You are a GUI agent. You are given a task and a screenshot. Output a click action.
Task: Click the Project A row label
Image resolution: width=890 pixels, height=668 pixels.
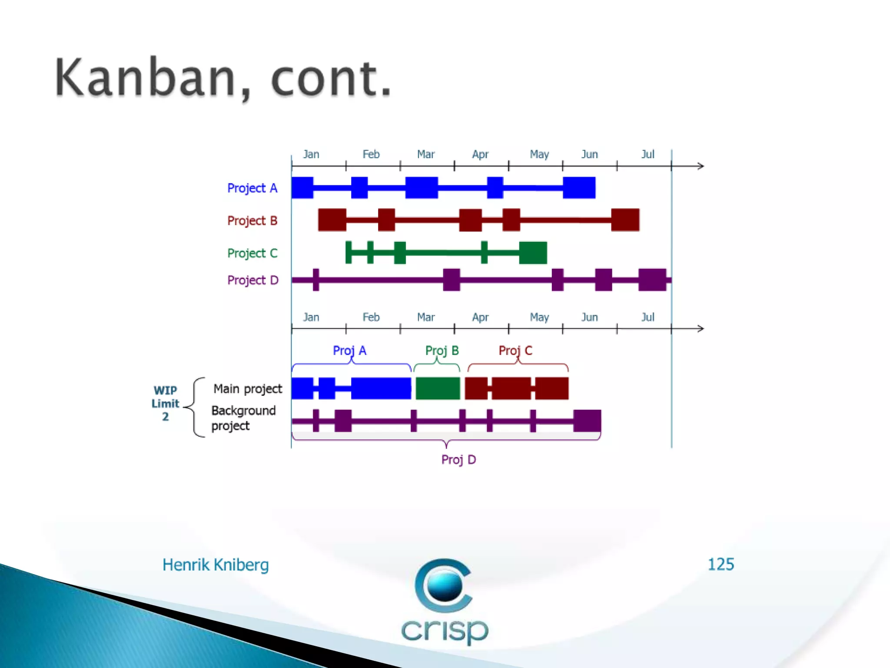pos(252,188)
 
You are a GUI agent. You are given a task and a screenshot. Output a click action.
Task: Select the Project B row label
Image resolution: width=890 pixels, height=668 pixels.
pos(252,221)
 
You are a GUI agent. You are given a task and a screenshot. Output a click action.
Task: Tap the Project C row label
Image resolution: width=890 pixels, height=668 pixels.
pos(252,253)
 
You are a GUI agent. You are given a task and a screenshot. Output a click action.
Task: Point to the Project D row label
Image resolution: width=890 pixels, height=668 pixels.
pos(252,280)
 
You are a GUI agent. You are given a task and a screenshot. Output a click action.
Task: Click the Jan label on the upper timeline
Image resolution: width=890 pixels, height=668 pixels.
pos(311,154)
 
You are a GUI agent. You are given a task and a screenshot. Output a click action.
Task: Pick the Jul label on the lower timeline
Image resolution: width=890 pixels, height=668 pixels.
pos(648,317)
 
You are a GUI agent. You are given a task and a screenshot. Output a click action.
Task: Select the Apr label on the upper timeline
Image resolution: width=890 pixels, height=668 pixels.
pos(480,154)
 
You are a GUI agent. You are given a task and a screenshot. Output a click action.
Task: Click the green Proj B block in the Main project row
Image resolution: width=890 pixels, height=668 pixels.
pos(438,388)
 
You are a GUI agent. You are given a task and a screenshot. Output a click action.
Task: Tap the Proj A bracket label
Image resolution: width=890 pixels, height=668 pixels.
pos(349,351)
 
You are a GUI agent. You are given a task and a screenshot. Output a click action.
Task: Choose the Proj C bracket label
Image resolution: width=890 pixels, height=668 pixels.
pos(515,351)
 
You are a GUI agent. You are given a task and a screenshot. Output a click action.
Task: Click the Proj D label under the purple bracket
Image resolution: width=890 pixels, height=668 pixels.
pos(458,460)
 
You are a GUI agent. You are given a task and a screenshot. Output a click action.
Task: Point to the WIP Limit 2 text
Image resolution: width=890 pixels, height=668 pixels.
pos(165,403)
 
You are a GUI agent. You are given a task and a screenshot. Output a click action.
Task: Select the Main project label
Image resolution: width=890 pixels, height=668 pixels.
pos(248,389)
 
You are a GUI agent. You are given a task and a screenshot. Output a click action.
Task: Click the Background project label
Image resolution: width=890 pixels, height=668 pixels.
pos(243,418)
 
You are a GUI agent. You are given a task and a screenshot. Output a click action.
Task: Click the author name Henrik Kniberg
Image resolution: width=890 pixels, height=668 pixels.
pos(216,565)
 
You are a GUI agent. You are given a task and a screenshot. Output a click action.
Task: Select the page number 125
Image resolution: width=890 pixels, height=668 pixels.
pos(721,564)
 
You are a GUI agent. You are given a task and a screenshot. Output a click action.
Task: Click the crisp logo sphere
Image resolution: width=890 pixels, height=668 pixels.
pos(444,585)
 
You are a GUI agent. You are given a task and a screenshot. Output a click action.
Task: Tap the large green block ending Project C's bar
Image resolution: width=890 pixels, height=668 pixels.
pos(533,253)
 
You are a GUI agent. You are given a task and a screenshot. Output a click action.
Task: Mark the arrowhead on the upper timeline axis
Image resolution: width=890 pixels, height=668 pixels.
pos(700,166)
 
